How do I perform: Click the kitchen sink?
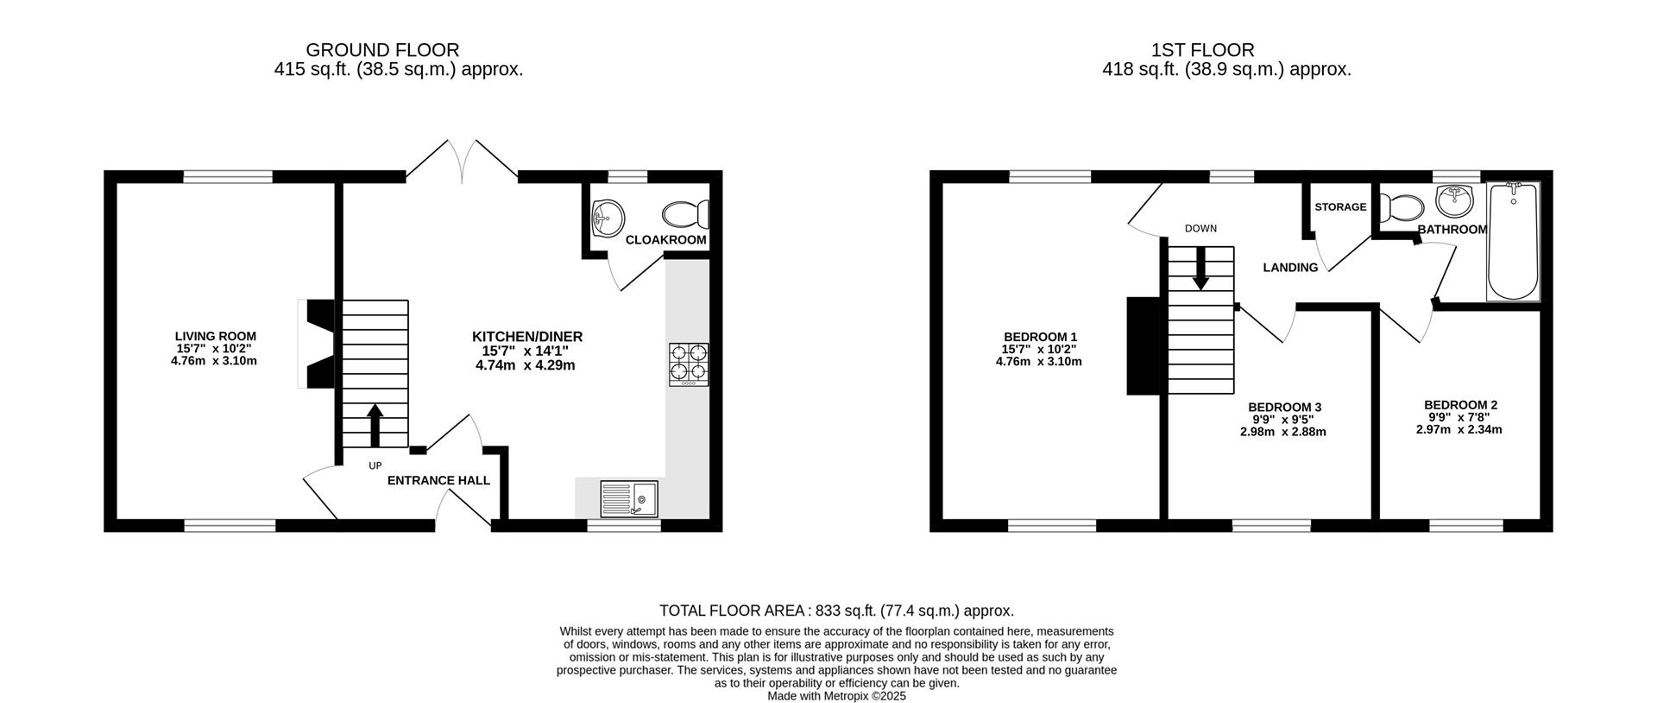point(629,498)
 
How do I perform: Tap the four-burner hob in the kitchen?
point(688,364)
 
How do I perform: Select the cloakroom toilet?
point(686,213)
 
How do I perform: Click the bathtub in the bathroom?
point(1513,242)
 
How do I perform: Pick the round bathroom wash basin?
point(1457,201)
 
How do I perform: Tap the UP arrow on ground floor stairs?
point(375,425)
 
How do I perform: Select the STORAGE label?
point(1340,207)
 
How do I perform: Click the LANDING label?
point(1290,268)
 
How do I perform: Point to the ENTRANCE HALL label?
point(438,481)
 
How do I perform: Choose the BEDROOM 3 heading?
point(1284,407)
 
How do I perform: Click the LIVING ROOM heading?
point(215,337)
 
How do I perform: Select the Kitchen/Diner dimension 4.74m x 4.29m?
point(526,365)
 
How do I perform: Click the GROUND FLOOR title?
point(382,51)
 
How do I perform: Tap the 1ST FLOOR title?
point(1202,51)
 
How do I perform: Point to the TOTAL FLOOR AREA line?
point(836,611)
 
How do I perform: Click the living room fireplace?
point(318,344)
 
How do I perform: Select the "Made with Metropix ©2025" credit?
point(836,695)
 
